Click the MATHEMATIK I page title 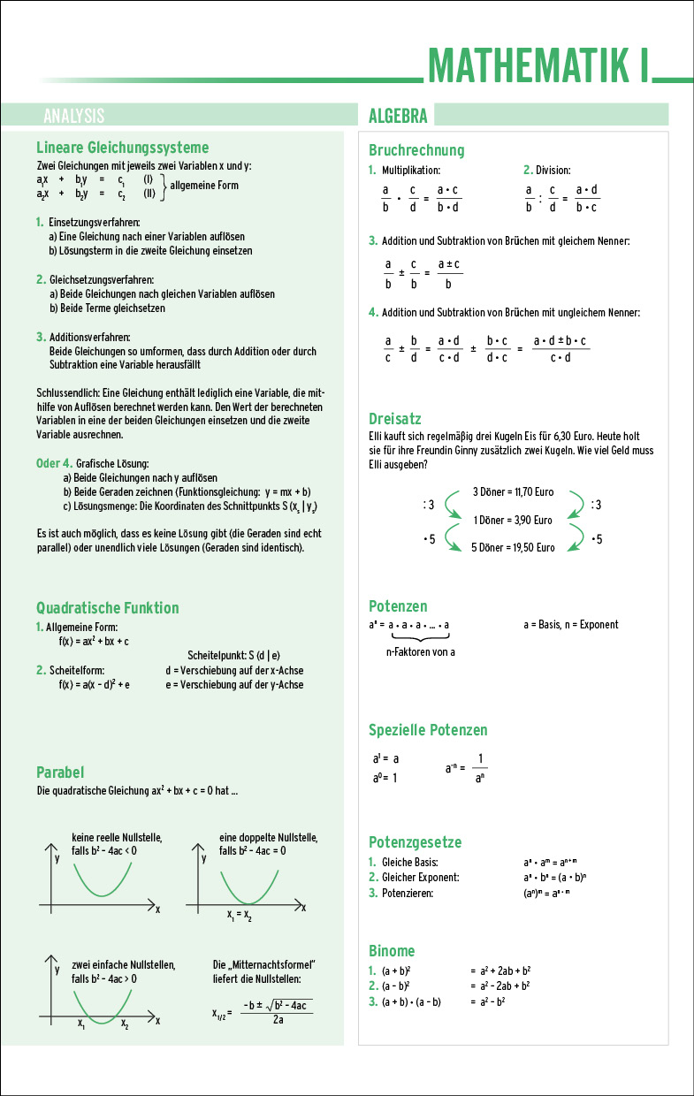538,65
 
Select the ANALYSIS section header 73,116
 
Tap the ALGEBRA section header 398,116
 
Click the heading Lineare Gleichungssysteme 122,148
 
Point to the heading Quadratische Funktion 107,608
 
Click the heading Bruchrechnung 416,150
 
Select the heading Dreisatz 394,419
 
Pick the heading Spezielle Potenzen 428,730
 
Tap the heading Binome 392,951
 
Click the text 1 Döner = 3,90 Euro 513,520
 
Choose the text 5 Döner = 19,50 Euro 513,547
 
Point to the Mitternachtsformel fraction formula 277,1013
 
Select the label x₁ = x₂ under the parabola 239,916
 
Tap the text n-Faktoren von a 421,652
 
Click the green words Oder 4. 54,463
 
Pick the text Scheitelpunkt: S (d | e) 233,655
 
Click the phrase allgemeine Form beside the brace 204,186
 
